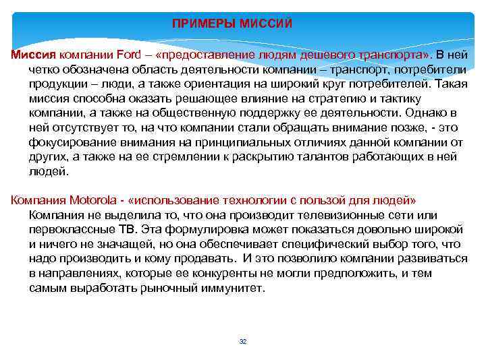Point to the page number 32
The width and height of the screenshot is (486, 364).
click(243, 342)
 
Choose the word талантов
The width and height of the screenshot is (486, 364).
click(332, 156)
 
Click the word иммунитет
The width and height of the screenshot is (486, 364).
click(230, 289)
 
